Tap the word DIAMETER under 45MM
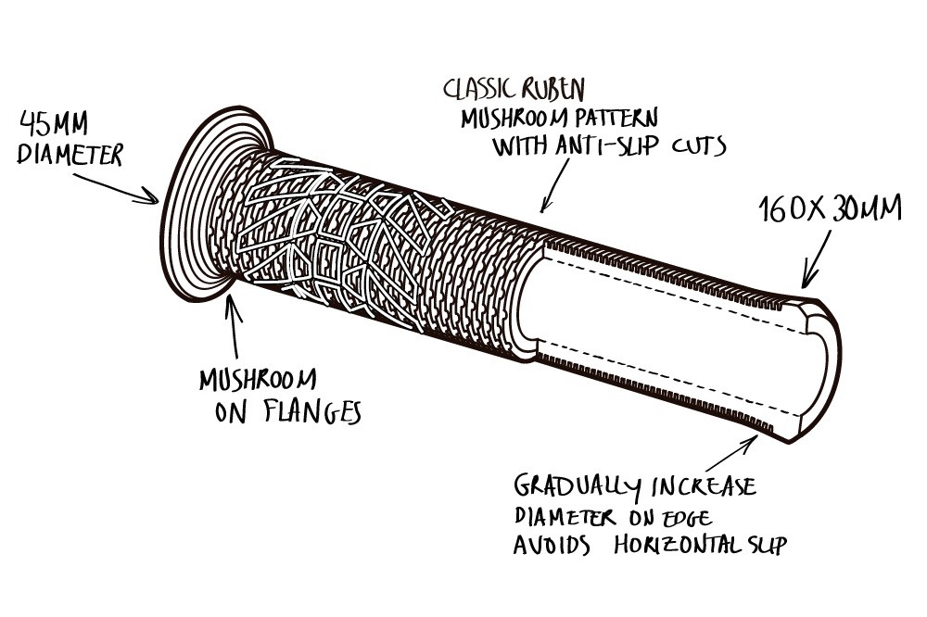coord(70,155)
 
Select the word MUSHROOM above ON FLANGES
coord(257,380)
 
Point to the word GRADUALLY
coord(574,486)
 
